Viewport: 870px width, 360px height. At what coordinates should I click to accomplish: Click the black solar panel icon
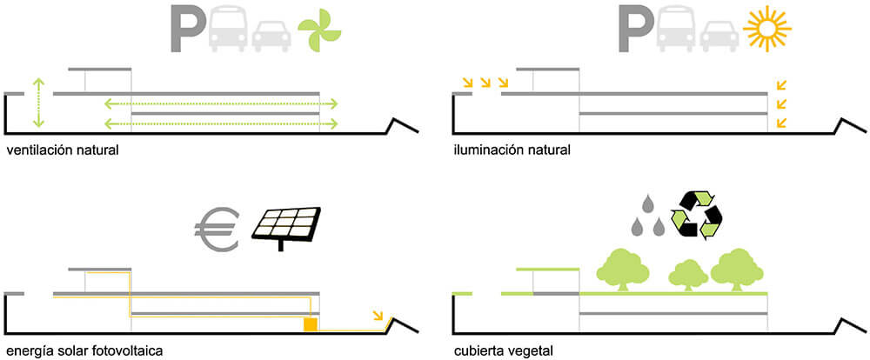(286, 226)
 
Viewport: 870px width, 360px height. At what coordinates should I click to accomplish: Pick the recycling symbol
(698, 216)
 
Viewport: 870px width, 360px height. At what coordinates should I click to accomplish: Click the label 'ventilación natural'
(62, 150)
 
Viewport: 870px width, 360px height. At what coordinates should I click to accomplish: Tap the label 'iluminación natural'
(512, 150)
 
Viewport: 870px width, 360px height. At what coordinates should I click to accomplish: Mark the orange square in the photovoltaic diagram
(309, 325)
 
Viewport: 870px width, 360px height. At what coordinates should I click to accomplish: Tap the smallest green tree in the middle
(687, 276)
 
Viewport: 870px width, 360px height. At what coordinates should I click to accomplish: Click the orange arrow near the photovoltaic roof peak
(378, 315)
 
